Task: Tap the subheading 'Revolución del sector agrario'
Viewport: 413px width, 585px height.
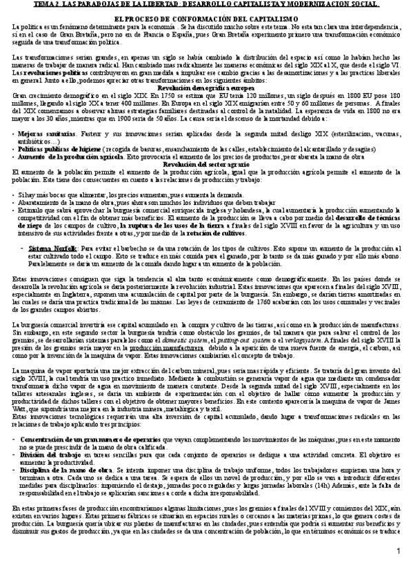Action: click(205, 163)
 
